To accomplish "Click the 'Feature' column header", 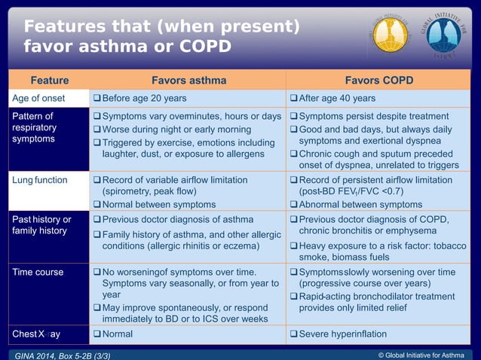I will pyautogui.click(x=49, y=80).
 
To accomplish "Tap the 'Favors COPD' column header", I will pyautogui.click(x=379, y=80).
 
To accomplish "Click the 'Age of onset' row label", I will pyautogui.click(x=38, y=99).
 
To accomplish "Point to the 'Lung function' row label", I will pyautogui.click(x=40, y=180).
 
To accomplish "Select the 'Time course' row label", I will pyautogui.click(x=38, y=272).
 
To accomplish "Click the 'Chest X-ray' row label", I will pyautogui.click(x=36, y=334).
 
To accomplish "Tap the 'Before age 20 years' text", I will pyautogui.click(x=144, y=99).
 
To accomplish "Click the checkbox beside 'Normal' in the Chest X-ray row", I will pyautogui.click(x=96, y=334).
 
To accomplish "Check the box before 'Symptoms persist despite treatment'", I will pyautogui.click(x=294, y=117).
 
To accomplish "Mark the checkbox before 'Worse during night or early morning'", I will pyautogui.click(x=96, y=130).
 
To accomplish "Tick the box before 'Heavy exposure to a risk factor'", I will pyautogui.click(x=294, y=246).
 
